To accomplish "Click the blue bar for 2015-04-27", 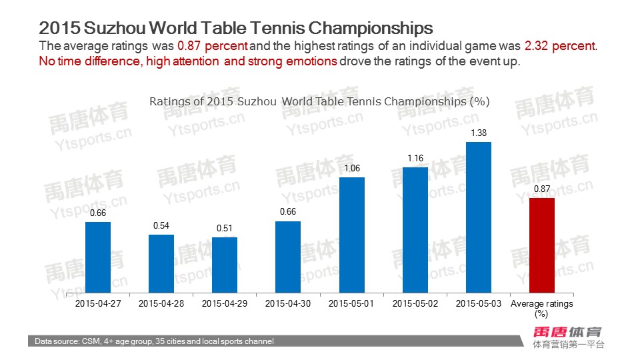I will [98, 257].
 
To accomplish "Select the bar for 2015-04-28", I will [161, 263].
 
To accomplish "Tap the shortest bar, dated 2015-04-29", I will [225, 265].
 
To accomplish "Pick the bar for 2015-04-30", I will [288, 257].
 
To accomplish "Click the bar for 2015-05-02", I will [415, 230].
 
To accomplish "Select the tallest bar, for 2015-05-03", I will [479, 217].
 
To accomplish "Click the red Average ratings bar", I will [542, 245].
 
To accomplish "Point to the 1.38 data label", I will [479, 133].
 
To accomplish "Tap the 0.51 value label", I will [225, 229].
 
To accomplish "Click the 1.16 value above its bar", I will [415, 159].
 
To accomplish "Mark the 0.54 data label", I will [161, 226].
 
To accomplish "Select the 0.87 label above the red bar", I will [542, 189].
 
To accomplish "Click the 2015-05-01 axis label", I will [351, 304].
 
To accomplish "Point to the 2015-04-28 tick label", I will [161, 304].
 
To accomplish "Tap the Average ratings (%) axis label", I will [542, 308].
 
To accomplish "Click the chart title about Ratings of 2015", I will [319, 101].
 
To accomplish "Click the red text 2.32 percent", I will [560, 47].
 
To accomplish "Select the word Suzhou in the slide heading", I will [111, 29].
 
